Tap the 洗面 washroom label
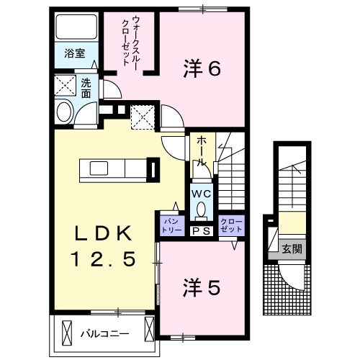tap(86, 88)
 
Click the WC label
tap(201, 193)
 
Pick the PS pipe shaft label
tap(201, 230)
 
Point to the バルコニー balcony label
tap(104, 333)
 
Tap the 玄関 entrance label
tap(292, 249)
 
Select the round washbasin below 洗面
tap(64, 113)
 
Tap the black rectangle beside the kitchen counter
tap(153, 168)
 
